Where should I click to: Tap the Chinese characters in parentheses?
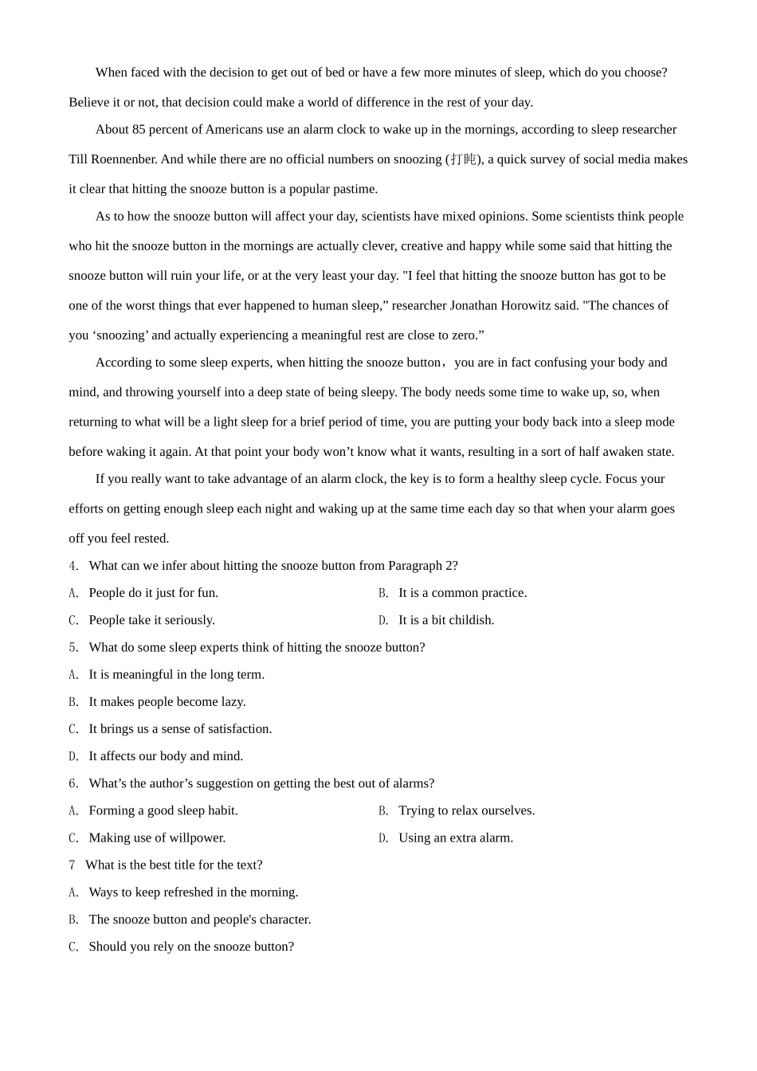(x=463, y=159)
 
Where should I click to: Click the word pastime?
(x=355, y=189)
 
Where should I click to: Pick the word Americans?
(x=234, y=130)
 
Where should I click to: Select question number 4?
(x=73, y=566)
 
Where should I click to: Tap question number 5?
(x=73, y=647)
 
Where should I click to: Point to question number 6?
(x=73, y=783)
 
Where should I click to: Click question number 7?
(x=73, y=865)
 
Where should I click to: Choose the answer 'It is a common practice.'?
(x=462, y=593)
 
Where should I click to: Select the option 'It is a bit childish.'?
(x=446, y=620)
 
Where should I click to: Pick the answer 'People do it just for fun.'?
(x=153, y=593)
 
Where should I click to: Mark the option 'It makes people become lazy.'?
(x=167, y=702)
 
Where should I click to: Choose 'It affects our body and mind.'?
(x=166, y=756)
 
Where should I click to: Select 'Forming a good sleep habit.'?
(x=163, y=810)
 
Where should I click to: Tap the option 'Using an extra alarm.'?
(x=456, y=838)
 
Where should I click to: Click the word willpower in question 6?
(x=199, y=838)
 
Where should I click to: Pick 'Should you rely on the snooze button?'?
(x=191, y=947)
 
